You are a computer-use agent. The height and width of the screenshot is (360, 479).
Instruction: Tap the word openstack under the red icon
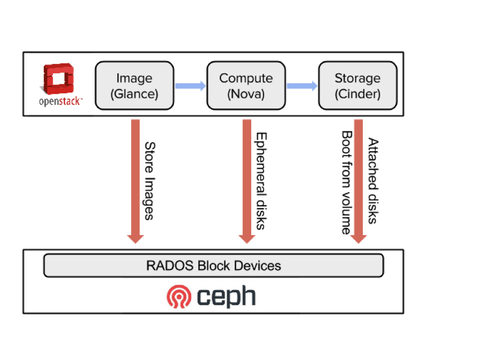click(60, 102)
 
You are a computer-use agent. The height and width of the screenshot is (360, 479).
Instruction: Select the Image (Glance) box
click(134, 86)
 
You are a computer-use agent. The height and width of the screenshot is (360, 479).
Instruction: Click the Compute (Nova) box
click(246, 86)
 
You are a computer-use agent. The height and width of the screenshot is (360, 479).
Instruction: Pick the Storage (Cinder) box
click(357, 86)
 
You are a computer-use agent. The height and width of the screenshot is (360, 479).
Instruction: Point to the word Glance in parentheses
click(134, 94)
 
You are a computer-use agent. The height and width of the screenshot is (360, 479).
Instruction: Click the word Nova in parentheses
click(246, 94)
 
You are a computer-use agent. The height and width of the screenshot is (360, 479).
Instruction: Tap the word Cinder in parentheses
click(358, 94)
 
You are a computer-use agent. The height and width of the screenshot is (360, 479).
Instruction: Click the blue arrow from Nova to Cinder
click(302, 86)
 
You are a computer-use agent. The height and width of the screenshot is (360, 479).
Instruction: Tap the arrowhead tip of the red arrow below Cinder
click(358, 242)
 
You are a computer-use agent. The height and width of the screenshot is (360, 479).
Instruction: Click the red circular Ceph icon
click(179, 297)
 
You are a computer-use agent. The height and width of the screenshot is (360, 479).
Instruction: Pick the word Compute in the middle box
click(246, 78)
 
